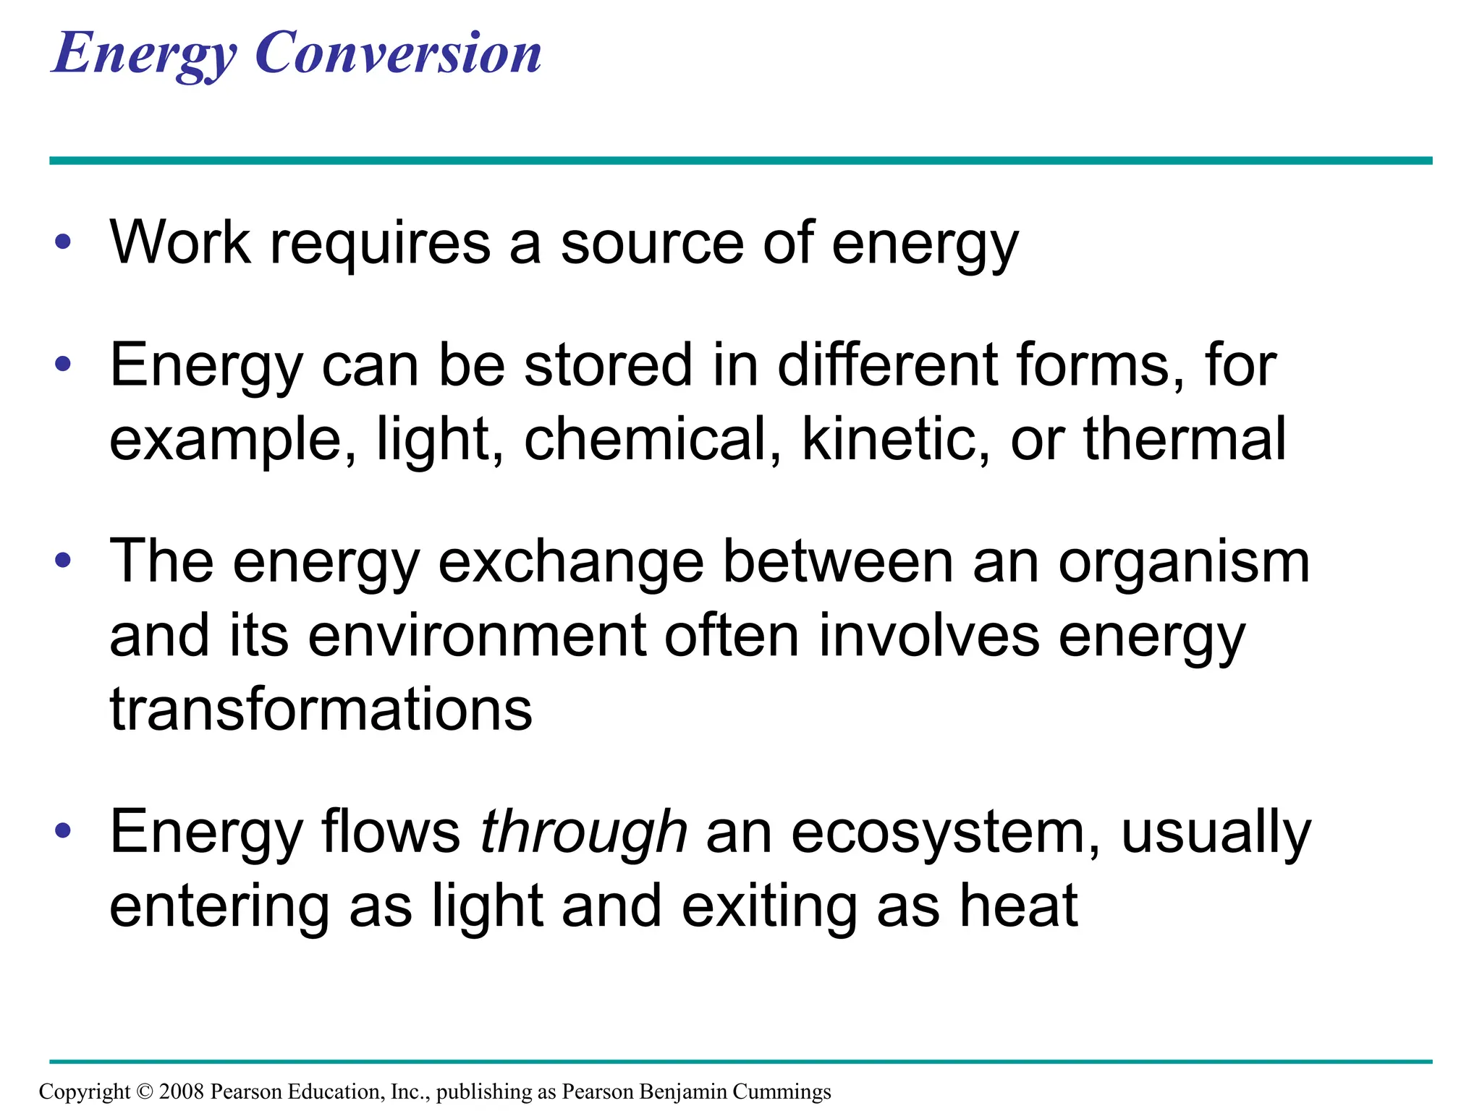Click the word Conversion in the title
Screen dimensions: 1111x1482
point(398,54)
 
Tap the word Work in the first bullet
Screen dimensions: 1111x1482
point(180,242)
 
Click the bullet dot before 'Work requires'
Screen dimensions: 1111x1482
point(63,242)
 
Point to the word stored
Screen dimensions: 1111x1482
point(609,365)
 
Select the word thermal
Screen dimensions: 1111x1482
point(1185,439)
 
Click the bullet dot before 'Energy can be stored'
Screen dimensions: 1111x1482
point(63,364)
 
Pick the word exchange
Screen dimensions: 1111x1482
point(571,563)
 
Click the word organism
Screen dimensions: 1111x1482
point(1184,563)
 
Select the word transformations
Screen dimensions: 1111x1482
point(321,709)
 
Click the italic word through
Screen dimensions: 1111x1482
point(583,833)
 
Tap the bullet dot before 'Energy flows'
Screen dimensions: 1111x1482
point(63,831)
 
